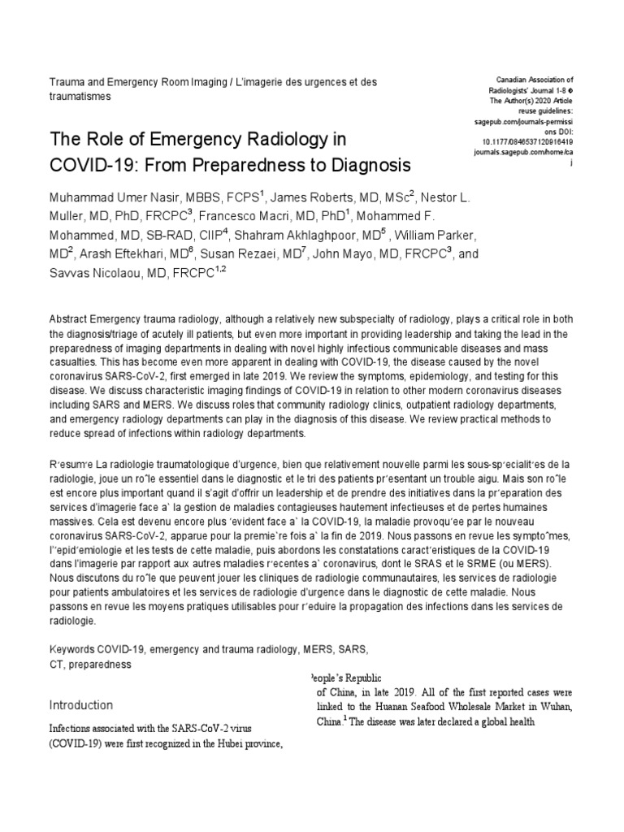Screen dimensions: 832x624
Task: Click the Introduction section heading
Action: pyautogui.click(x=81, y=704)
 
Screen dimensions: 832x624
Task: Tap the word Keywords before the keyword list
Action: pyautogui.click(x=72, y=650)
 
